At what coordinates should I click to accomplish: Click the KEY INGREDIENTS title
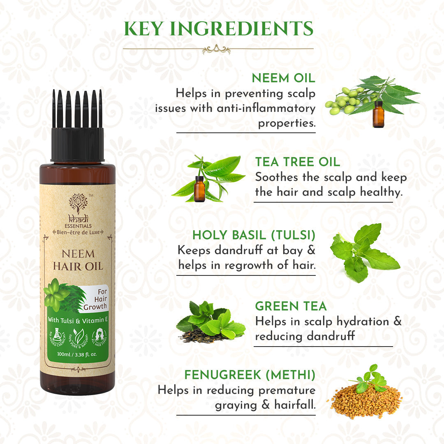(x=218, y=29)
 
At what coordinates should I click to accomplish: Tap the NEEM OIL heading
(x=283, y=78)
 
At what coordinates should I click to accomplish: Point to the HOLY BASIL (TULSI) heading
(x=254, y=235)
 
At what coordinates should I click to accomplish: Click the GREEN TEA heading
(x=291, y=306)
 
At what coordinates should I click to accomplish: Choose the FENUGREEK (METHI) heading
(x=250, y=375)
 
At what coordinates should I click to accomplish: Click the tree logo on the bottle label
(x=78, y=203)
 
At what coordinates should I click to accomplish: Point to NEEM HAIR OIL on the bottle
(x=78, y=260)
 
